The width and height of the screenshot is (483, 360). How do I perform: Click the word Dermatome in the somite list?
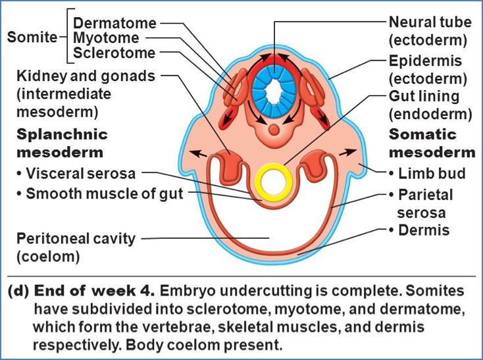pyautogui.click(x=114, y=23)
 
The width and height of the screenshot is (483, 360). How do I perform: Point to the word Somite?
pyautogui.click(x=32, y=38)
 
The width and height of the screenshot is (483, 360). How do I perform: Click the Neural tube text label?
pyautogui.click(x=430, y=22)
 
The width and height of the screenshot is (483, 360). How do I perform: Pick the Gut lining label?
pyautogui.click(x=424, y=97)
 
